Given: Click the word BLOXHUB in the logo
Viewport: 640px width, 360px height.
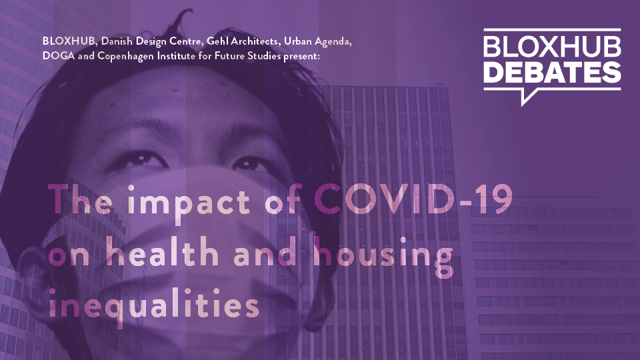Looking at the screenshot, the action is click(x=552, y=47).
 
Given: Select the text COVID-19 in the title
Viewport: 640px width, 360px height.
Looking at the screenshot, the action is click(x=413, y=199).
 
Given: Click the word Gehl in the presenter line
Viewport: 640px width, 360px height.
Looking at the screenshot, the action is click(x=217, y=41).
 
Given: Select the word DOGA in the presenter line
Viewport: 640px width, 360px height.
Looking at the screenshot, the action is click(x=59, y=55).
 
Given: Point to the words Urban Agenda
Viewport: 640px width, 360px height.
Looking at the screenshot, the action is click(x=317, y=41).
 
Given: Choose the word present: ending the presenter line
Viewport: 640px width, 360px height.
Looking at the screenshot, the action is click(x=301, y=56).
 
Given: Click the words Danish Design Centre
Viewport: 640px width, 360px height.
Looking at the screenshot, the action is click(x=151, y=41).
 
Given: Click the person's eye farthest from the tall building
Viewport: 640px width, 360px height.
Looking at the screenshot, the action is click(x=142, y=159).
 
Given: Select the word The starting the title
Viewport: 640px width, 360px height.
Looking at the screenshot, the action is click(x=80, y=199).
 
